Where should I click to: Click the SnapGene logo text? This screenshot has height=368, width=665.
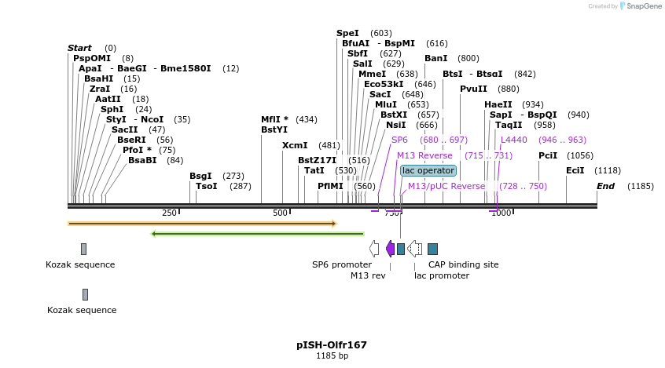pos(642,6)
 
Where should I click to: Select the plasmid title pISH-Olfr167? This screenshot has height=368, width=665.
pos(332,344)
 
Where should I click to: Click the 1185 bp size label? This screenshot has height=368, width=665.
pos(332,356)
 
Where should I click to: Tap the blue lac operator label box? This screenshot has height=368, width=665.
pos(428,170)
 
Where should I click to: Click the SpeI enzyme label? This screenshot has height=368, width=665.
pos(347,33)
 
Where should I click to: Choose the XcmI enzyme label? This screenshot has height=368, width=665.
pos(295,145)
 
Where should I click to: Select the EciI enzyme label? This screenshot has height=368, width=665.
pos(575,170)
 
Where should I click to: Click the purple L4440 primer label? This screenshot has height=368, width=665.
pos(514,140)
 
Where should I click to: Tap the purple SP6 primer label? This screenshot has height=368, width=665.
pos(399,140)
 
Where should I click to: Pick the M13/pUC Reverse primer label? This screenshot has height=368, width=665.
pos(446,186)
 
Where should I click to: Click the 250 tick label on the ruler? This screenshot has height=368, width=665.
pos(169,213)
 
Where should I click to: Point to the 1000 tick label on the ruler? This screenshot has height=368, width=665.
pos(501,213)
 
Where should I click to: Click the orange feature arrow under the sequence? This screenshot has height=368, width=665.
pos(202,224)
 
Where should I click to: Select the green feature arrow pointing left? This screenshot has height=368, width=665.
pos(257,233)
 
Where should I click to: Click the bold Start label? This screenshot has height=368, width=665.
pos(79,48)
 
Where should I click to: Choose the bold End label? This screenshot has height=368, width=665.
pos(605,186)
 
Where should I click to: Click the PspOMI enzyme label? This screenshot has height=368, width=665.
pos(92,58)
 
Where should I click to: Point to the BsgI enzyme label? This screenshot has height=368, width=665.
pos(200,176)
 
